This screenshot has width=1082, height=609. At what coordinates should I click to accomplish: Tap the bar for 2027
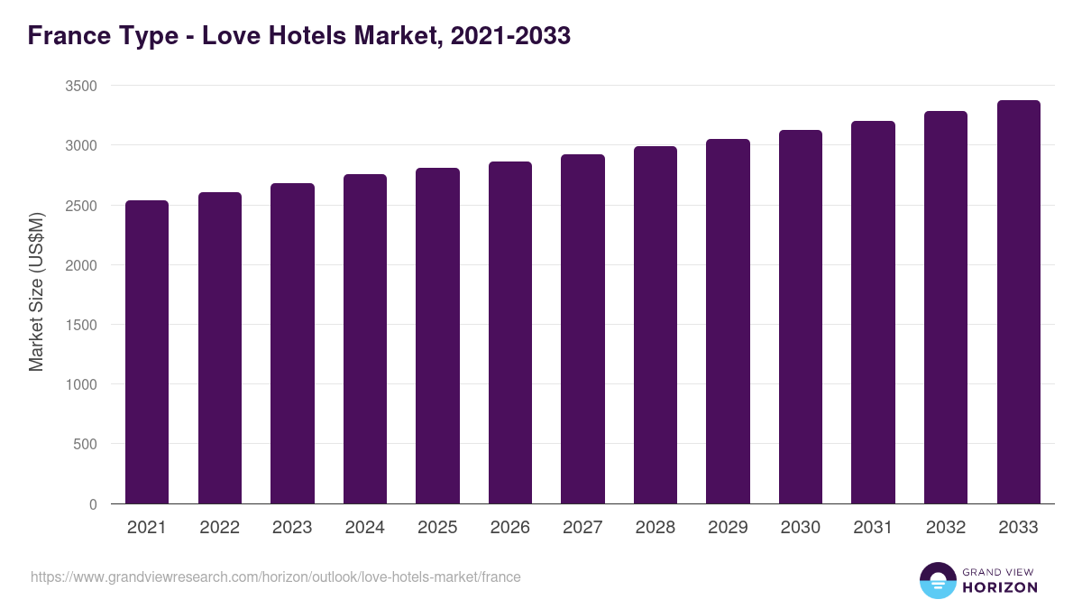pyautogui.click(x=582, y=329)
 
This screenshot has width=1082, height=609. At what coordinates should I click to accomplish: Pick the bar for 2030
pyautogui.click(x=801, y=317)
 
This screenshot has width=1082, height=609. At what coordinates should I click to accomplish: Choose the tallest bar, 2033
pyautogui.click(x=1018, y=302)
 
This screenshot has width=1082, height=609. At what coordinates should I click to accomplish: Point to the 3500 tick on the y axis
pyautogui.click(x=80, y=86)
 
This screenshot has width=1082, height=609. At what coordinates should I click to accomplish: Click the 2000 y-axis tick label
pyautogui.click(x=80, y=265)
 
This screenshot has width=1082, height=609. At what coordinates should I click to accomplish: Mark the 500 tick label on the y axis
pyautogui.click(x=85, y=444)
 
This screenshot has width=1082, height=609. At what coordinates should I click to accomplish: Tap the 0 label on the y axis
pyautogui.click(x=93, y=504)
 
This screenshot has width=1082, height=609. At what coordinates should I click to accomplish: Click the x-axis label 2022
pyautogui.click(x=220, y=528)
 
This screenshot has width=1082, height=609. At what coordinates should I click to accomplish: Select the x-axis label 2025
pyautogui.click(x=437, y=528)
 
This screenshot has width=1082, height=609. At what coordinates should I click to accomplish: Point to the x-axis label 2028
pyautogui.click(x=656, y=528)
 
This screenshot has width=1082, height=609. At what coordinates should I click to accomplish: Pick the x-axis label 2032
pyautogui.click(x=946, y=528)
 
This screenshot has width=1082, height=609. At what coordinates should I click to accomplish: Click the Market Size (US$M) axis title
pyautogui.click(x=36, y=291)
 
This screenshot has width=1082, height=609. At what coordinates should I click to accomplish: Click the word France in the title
pyautogui.click(x=69, y=35)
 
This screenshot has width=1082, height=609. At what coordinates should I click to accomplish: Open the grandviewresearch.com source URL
pyautogui.click(x=276, y=577)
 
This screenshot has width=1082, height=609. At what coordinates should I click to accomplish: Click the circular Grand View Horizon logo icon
pyautogui.click(x=937, y=580)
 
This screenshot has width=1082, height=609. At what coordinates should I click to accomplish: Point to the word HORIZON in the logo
pyautogui.click(x=1000, y=587)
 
